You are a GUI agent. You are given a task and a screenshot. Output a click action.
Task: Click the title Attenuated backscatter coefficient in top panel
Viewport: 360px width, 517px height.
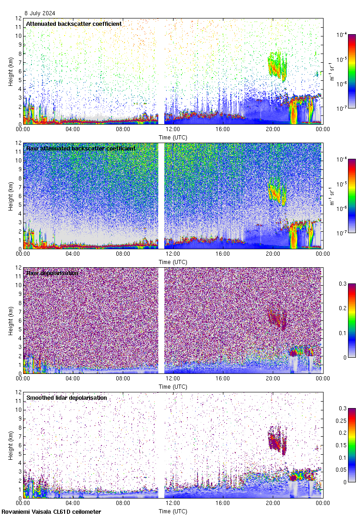pyautogui.click(x=74, y=24)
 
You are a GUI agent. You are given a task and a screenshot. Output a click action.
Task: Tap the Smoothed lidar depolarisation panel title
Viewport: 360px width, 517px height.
pyautogui.click(x=66, y=397)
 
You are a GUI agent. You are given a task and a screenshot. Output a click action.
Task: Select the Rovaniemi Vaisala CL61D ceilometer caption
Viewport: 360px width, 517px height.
pyautogui.click(x=51, y=511)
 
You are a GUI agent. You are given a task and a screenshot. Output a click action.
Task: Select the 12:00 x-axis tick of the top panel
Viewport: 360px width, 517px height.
pyautogui.click(x=173, y=129)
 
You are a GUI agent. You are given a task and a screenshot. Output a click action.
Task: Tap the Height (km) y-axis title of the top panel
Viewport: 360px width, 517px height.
pyautogui.click(x=10, y=72)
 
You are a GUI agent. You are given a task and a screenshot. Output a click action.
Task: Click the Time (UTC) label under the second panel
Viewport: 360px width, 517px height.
pyautogui.click(x=173, y=262)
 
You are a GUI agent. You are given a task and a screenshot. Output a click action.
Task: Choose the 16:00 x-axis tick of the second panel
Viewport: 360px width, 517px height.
pyautogui.click(x=222, y=253)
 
